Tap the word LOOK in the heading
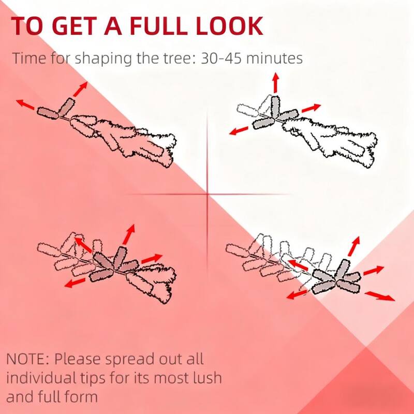(229, 26)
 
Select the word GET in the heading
(75, 26)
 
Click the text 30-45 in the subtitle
(221, 58)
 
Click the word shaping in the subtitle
(103, 59)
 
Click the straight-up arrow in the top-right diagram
(276, 83)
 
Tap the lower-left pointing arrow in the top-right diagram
(239, 131)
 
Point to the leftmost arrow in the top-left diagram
(25, 105)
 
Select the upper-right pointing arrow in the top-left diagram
(80, 89)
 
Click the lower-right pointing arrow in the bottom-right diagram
(380, 296)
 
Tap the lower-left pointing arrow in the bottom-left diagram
(75, 283)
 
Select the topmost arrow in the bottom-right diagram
(354, 246)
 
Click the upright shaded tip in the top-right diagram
(275, 107)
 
